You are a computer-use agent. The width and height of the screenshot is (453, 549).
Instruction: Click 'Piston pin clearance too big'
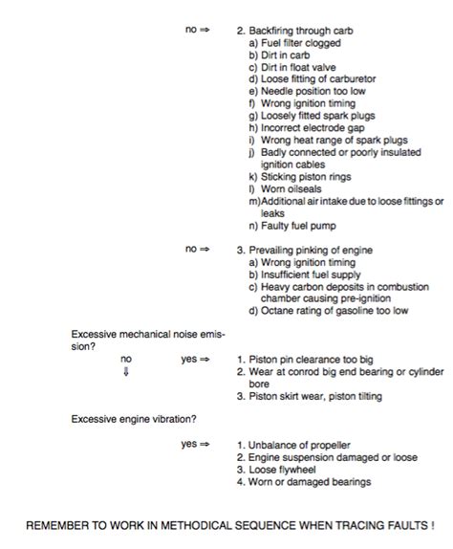click(311, 361)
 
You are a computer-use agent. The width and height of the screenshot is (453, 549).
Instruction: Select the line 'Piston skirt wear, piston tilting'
click(314, 397)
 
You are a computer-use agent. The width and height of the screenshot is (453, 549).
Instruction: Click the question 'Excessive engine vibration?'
click(134, 419)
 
